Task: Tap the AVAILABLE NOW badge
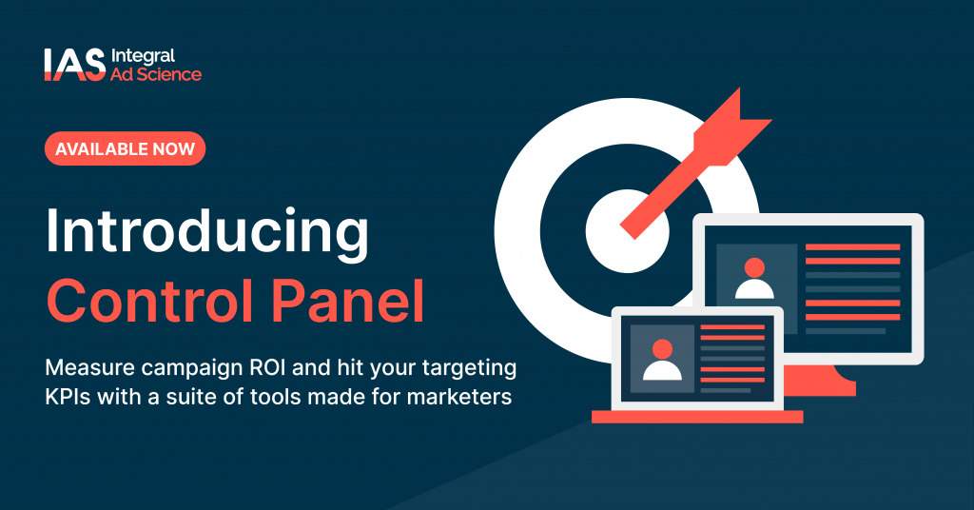pos(125,148)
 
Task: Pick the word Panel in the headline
pos(355,300)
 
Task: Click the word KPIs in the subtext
pos(69,395)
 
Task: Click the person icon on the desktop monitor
pos(755,278)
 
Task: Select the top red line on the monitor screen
pos(852,247)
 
